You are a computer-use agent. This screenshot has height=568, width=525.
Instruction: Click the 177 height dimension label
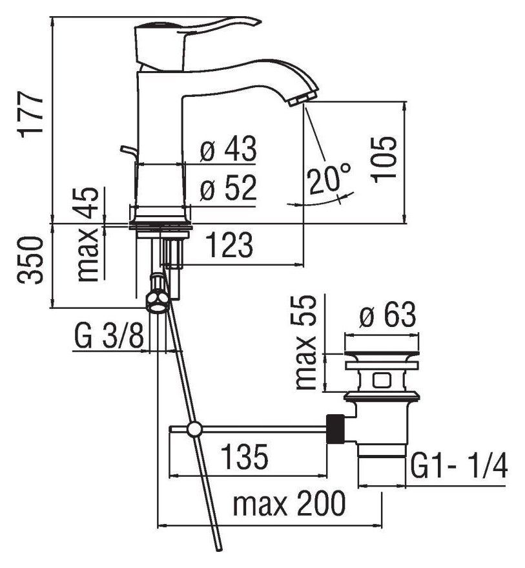click(x=30, y=114)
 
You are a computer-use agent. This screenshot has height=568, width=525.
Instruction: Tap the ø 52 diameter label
click(x=228, y=189)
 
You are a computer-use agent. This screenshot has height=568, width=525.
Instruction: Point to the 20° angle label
click(x=329, y=179)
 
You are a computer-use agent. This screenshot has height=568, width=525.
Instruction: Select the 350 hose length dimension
click(x=30, y=260)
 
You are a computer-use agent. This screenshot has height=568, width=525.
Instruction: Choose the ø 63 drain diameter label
click(x=387, y=317)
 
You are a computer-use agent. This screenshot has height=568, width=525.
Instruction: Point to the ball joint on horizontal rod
click(x=193, y=429)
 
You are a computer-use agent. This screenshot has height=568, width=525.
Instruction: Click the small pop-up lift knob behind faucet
click(x=129, y=151)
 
